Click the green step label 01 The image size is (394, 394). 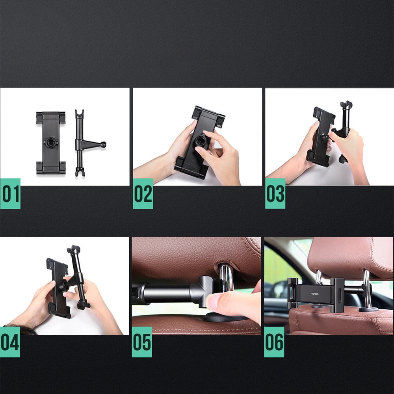pos(10,193)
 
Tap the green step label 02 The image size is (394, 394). pos(143,193)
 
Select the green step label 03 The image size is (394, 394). pos(275,193)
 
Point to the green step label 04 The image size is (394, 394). pos(10,342)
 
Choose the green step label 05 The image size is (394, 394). pos(142,342)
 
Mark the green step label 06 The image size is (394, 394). pos(274,342)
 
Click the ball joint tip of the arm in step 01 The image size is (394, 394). pos(103,145)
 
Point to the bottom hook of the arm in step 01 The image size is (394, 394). pos(79,173)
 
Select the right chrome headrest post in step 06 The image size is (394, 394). pos(366,290)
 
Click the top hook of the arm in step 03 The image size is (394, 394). pos(347,105)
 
